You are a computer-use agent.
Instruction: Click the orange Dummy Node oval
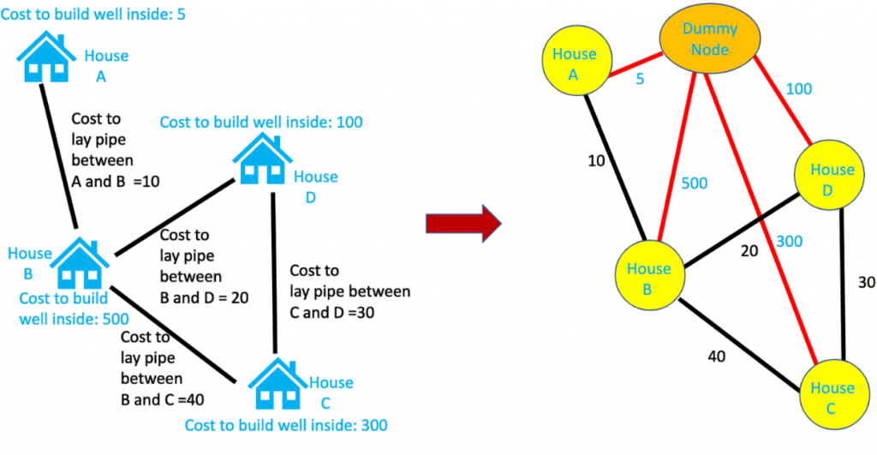706,40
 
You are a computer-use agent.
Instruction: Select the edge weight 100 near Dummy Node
797,88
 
